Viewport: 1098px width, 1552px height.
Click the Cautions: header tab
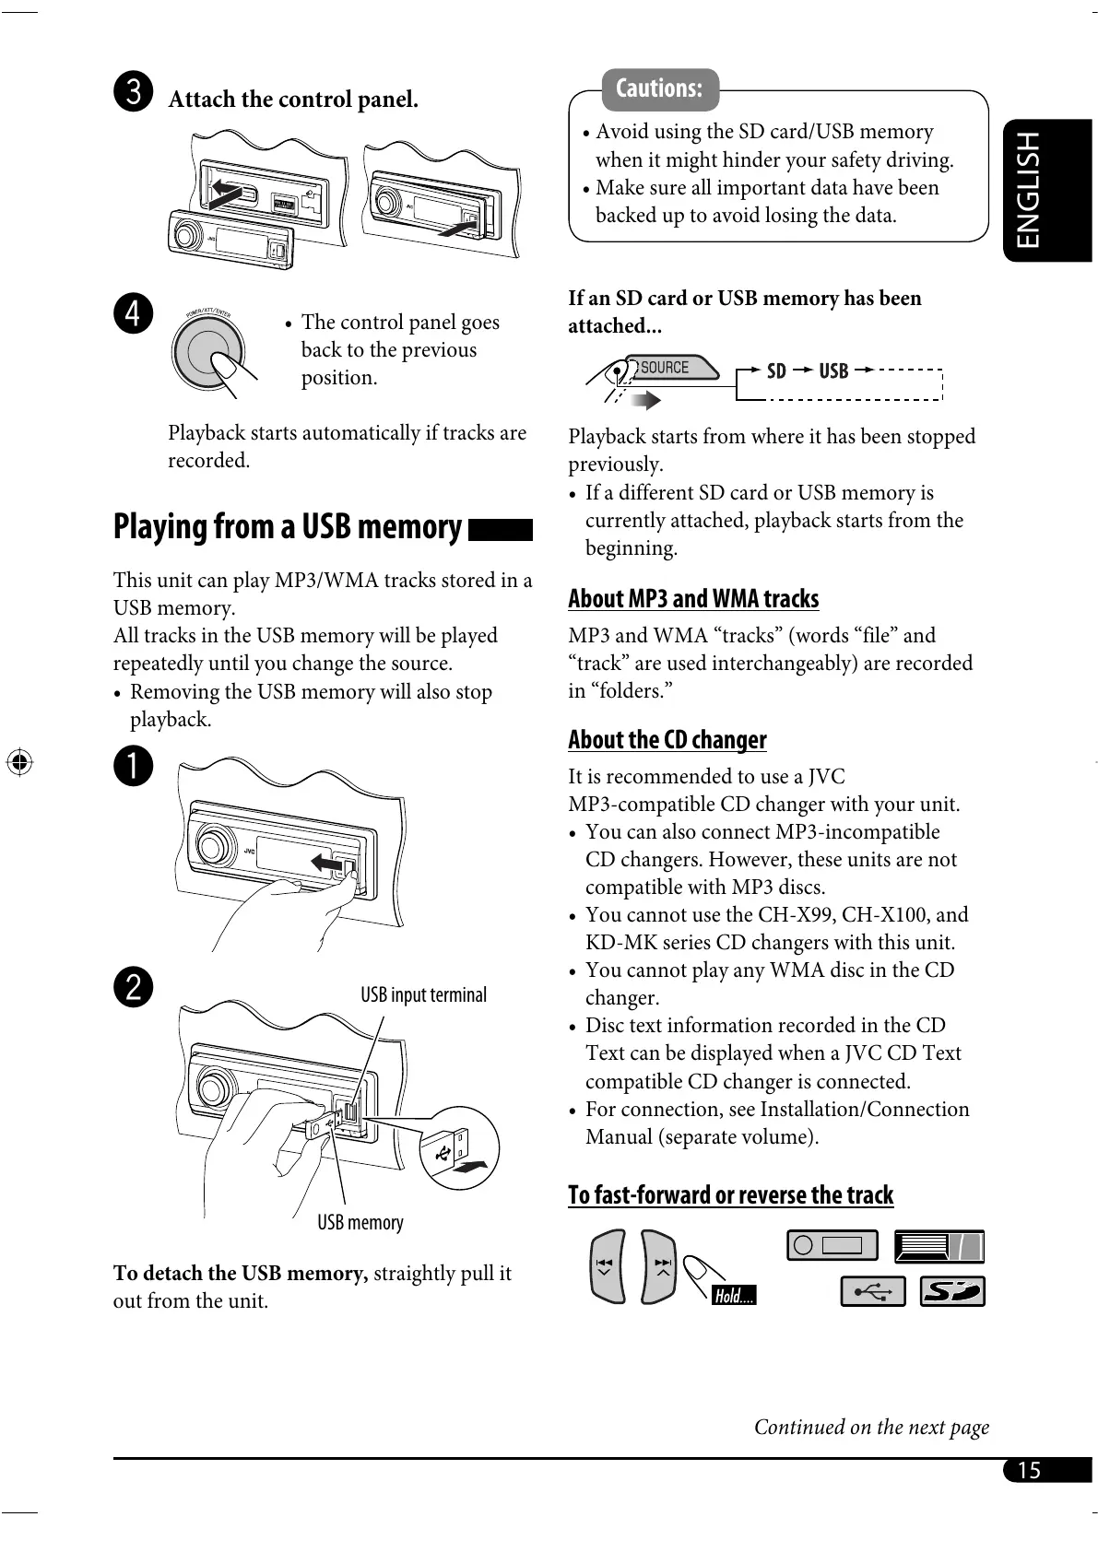pyautogui.click(x=659, y=89)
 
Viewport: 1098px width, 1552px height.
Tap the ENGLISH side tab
pyautogui.click(x=1029, y=190)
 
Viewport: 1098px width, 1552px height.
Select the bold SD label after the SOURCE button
pyautogui.click(x=776, y=371)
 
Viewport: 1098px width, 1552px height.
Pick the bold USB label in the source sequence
pyautogui.click(x=833, y=371)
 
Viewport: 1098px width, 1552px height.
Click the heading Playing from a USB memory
pyautogui.click(x=288, y=527)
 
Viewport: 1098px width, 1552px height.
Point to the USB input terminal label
pyautogui.click(x=423, y=995)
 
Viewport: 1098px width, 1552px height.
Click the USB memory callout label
pyautogui.click(x=360, y=1223)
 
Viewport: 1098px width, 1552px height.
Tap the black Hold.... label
pyautogui.click(x=734, y=1296)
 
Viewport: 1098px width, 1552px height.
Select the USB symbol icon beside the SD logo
pyautogui.click(x=872, y=1291)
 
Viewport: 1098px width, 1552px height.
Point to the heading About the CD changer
pyautogui.click(x=667, y=740)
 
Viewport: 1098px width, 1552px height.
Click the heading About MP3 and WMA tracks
pyautogui.click(x=693, y=599)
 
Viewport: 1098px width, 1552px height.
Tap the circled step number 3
pyautogui.click(x=134, y=92)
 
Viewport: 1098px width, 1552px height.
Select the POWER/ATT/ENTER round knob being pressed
pyautogui.click(x=208, y=353)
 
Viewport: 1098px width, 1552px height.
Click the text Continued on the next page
pyautogui.click(x=871, y=1428)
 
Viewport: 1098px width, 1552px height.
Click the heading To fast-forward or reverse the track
pyautogui.click(x=730, y=1195)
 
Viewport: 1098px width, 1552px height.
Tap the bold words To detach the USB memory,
pyautogui.click(x=241, y=1274)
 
